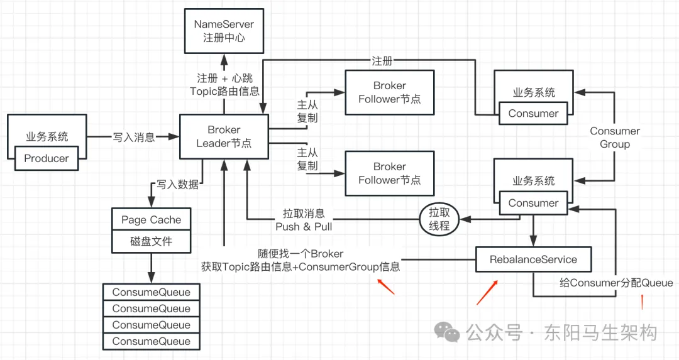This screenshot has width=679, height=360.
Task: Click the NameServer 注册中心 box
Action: (224, 31)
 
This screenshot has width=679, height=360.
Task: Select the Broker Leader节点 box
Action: (224, 136)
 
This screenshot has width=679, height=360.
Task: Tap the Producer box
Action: (47, 158)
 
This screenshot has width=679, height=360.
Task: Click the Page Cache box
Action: (151, 220)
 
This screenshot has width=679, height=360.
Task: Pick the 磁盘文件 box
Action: (151, 241)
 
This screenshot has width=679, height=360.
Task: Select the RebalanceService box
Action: (533, 259)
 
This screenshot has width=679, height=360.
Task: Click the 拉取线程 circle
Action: (439, 219)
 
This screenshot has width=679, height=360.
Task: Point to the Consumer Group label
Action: (615, 138)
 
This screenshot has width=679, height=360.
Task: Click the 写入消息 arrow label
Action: (134, 136)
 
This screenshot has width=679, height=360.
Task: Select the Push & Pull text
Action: (304, 226)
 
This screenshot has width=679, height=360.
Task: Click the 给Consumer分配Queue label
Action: (616, 283)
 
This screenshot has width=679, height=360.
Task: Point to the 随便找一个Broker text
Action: (301, 254)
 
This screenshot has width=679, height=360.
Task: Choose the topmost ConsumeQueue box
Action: (151, 292)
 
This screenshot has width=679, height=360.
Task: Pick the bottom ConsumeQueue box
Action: (151, 341)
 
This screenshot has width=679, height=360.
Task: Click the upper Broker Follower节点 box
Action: (389, 92)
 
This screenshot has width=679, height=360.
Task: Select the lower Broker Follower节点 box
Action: (389, 173)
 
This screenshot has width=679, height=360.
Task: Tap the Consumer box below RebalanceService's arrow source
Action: (533, 203)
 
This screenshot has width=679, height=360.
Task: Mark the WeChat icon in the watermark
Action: (448, 332)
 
